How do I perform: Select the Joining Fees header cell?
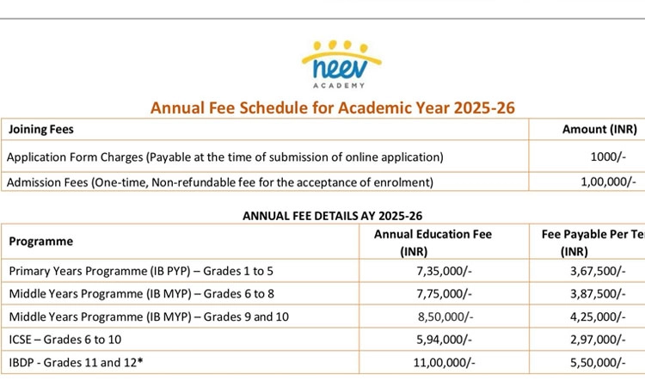click(x=41, y=130)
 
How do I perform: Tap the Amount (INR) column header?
click(x=599, y=130)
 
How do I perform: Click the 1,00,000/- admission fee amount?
click(x=608, y=181)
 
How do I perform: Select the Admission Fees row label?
click(x=220, y=181)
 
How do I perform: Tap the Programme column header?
click(x=41, y=242)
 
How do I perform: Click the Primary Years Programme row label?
click(x=141, y=271)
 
